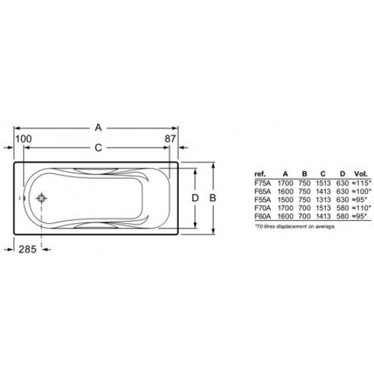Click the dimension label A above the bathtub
coord(98,126)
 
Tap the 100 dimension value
coord(23,139)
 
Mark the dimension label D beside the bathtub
coord(194,197)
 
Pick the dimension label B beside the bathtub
coord(212,197)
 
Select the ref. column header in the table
coord(259,173)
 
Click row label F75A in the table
coord(262,182)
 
